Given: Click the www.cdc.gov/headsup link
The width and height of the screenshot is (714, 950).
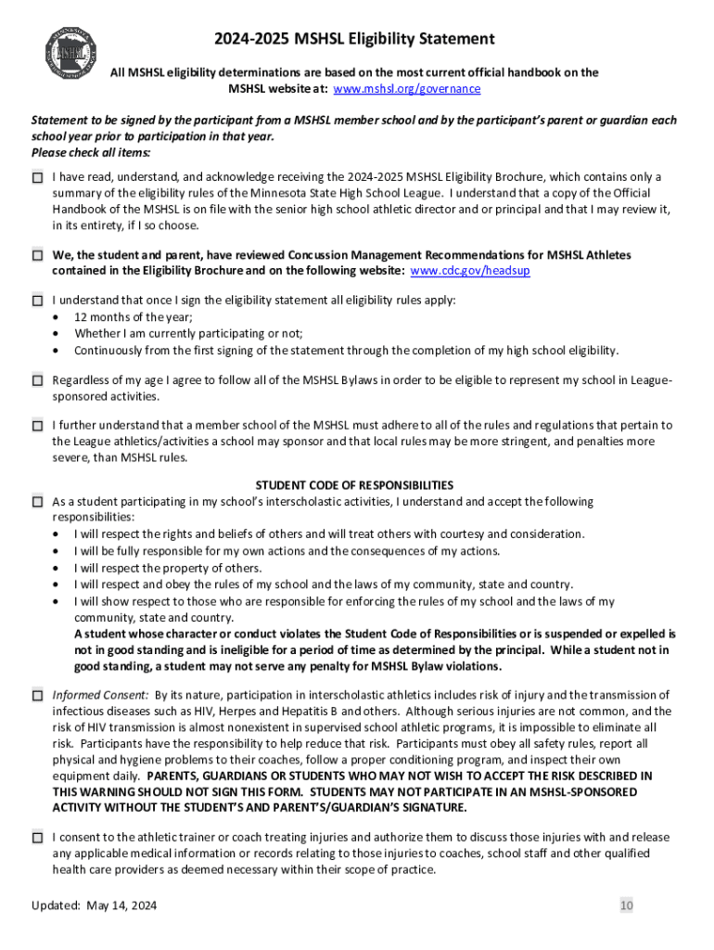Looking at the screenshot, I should [470, 271].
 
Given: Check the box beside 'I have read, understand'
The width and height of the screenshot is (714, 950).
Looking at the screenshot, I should [37, 177].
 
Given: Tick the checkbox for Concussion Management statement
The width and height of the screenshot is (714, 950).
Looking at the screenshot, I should [37, 254].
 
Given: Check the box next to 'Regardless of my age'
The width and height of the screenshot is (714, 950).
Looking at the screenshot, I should [37, 380].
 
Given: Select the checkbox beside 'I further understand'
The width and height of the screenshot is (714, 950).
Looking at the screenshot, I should [37, 426].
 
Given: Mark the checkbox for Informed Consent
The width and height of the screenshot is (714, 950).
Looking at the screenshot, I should [37, 695].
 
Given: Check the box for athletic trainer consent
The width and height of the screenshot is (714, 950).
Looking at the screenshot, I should [37, 838].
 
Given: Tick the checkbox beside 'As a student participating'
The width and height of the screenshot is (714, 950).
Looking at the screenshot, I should [37, 502].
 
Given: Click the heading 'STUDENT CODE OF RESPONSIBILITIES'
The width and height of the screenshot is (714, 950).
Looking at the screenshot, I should [354, 485].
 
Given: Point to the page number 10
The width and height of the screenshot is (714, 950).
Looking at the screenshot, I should [627, 905].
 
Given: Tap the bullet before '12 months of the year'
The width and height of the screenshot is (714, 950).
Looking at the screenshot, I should [57, 317].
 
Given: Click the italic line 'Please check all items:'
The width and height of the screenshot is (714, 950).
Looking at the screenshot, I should [91, 152].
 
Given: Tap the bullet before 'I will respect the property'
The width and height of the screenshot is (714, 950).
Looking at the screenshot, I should [57, 569].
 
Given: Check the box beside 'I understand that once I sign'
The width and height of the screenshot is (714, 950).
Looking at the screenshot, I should [37, 301].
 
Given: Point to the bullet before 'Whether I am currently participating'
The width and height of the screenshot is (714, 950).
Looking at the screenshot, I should [57, 334].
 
